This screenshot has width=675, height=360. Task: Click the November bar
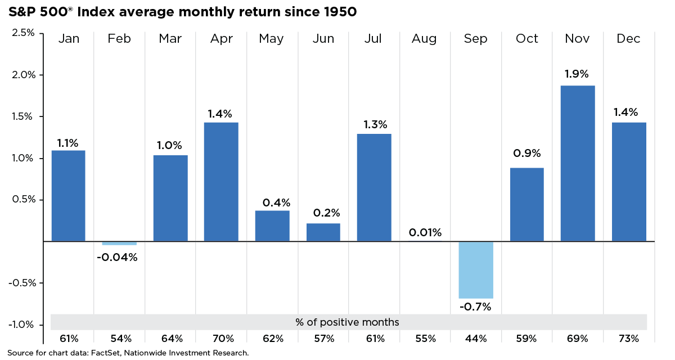click(x=578, y=163)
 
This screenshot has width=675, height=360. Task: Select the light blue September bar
click(x=476, y=270)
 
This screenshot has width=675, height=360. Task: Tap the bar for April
click(x=221, y=182)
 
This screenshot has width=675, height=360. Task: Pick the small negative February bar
click(x=119, y=244)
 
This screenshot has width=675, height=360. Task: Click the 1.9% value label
click(x=578, y=74)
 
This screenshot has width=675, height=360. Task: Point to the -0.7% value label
click(x=476, y=307)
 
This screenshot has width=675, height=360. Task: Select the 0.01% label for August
click(x=425, y=232)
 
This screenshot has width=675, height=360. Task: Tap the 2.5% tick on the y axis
click(x=23, y=33)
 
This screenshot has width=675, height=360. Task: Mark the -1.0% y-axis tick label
click(x=21, y=325)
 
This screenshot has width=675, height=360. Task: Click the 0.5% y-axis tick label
click(x=23, y=200)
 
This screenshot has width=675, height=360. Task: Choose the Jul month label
click(x=373, y=39)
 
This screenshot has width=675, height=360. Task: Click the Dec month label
click(x=628, y=39)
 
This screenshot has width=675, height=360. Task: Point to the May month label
click(x=272, y=39)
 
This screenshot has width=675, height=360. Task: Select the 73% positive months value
click(x=628, y=339)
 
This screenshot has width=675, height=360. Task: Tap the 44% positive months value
click(x=476, y=339)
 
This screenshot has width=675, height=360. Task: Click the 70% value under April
click(x=221, y=339)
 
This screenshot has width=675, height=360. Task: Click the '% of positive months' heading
click(x=347, y=322)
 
